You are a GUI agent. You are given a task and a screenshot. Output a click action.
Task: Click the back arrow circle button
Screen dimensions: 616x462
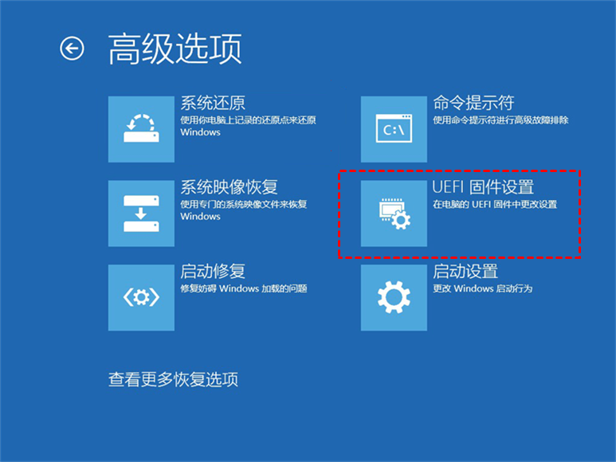point(72,49)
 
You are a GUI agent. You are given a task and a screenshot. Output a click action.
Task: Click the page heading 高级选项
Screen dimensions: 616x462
point(175,49)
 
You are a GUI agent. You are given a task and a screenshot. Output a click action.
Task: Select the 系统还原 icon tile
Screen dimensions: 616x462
point(141,129)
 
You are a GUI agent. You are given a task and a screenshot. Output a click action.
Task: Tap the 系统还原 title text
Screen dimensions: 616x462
point(213,104)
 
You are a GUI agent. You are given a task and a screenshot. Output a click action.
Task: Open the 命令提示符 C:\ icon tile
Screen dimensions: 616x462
point(394,129)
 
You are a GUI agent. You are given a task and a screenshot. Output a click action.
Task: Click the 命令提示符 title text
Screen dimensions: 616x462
point(474,103)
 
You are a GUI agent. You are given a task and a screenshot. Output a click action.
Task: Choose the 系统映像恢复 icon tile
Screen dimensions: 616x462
point(141,213)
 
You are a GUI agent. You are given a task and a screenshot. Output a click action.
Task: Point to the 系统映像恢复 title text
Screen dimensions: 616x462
point(229,187)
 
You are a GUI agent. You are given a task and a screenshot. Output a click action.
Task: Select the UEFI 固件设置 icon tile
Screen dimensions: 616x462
point(394,213)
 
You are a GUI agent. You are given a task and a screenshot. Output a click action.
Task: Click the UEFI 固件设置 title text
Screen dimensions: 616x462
point(483,187)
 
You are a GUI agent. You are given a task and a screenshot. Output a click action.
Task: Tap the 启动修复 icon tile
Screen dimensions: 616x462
point(141,298)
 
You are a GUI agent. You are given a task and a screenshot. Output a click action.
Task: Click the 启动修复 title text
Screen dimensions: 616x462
point(213,272)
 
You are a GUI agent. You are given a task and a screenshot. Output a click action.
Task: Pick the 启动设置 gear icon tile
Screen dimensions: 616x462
point(394,298)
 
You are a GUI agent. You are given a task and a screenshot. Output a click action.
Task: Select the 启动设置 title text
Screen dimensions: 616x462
point(465,272)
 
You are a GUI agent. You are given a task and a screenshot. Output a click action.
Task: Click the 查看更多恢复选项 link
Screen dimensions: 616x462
point(173,380)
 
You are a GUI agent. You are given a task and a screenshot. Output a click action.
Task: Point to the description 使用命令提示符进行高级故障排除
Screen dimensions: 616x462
point(501,120)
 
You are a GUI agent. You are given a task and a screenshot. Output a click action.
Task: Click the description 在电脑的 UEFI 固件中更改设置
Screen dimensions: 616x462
point(495,205)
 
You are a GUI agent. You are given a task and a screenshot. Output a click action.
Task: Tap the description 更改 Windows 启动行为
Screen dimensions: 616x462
point(483,289)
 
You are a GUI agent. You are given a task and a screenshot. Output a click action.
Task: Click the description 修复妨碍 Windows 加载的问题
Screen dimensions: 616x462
point(244,289)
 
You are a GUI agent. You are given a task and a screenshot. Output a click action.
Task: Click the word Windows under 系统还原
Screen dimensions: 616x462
point(200,132)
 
